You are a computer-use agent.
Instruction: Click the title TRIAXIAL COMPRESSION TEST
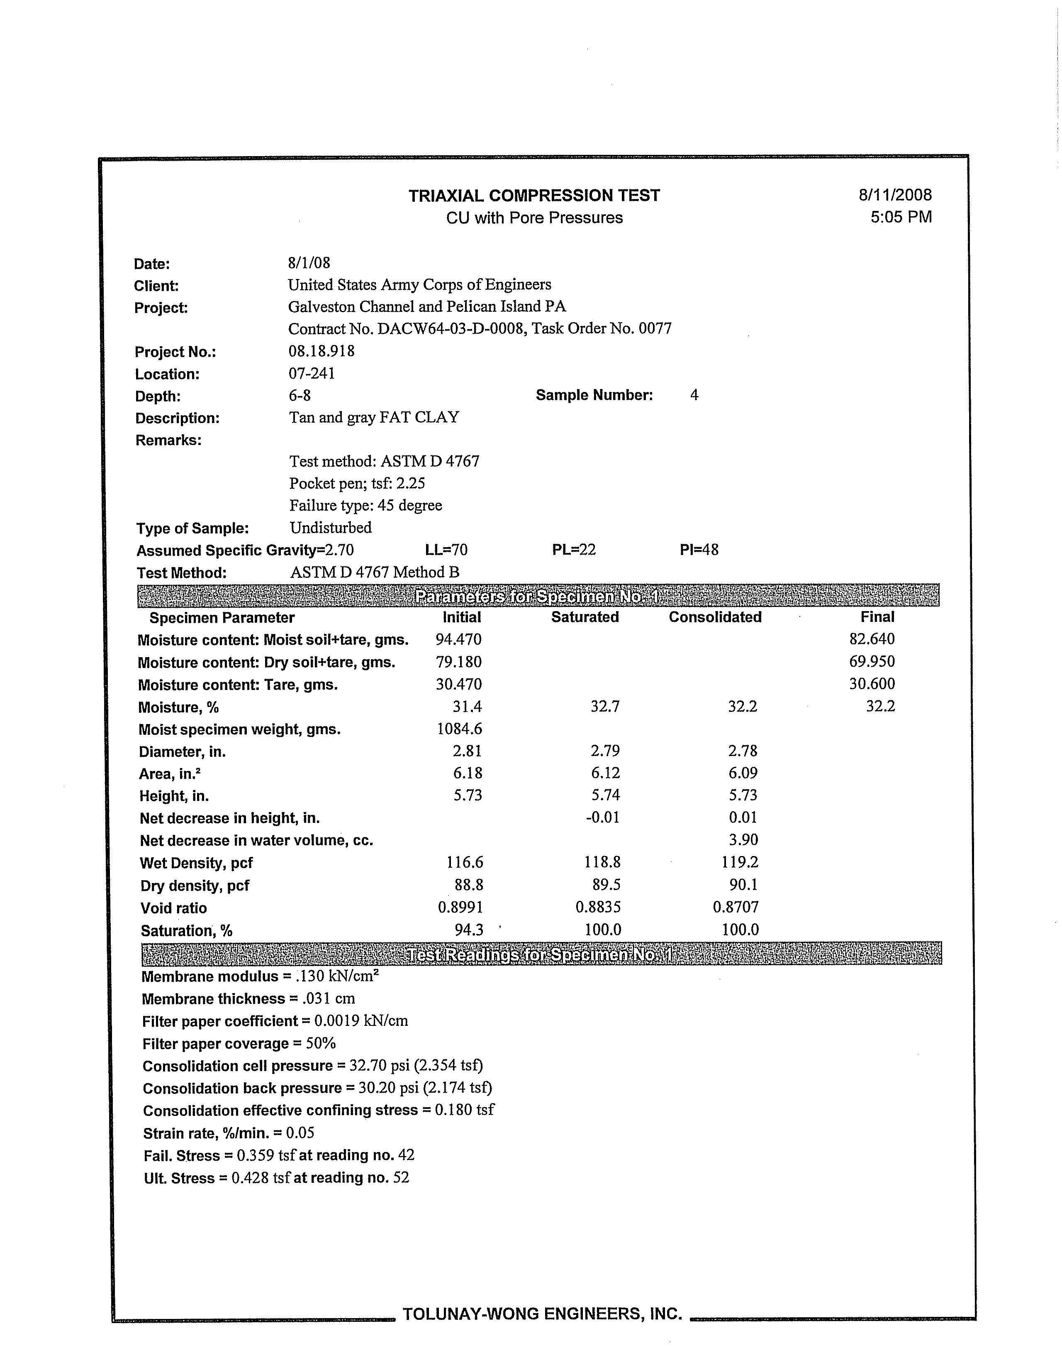pyautogui.click(x=534, y=196)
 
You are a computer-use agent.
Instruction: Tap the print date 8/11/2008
pyautogui.click(x=895, y=195)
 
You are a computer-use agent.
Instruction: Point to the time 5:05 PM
pyautogui.click(x=901, y=217)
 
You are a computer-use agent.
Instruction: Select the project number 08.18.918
pyautogui.click(x=322, y=351)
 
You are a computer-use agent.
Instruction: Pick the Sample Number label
pyautogui.click(x=594, y=395)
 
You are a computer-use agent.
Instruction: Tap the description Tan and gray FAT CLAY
pyautogui.click(x=374, y=417)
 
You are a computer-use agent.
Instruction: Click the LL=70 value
pyautogui.click(x=446, y=550)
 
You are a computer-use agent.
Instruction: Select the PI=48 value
pyautogui.click(x=699, y=550)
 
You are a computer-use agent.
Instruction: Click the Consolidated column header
pyautogui.click(x=715, y=617)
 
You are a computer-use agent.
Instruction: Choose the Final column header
pyautogui.click(x=877, y=617)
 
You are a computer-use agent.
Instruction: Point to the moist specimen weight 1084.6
pyautogui.click(x=459, y=729)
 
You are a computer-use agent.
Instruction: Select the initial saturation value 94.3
pyautogui.click(x=468, y=930)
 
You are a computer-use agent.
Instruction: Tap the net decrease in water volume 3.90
pyautogui.click(x=743, y=840)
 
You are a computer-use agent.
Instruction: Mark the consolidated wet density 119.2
pyautogui.click(x=740, y=863)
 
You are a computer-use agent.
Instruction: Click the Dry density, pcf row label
pyautogui.click(x=194, y=886)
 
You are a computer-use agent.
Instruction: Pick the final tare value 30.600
pyautogui.click(x=872, y=684)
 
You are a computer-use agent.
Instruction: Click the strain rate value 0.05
pyautogui.click(x=300, y=1133)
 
